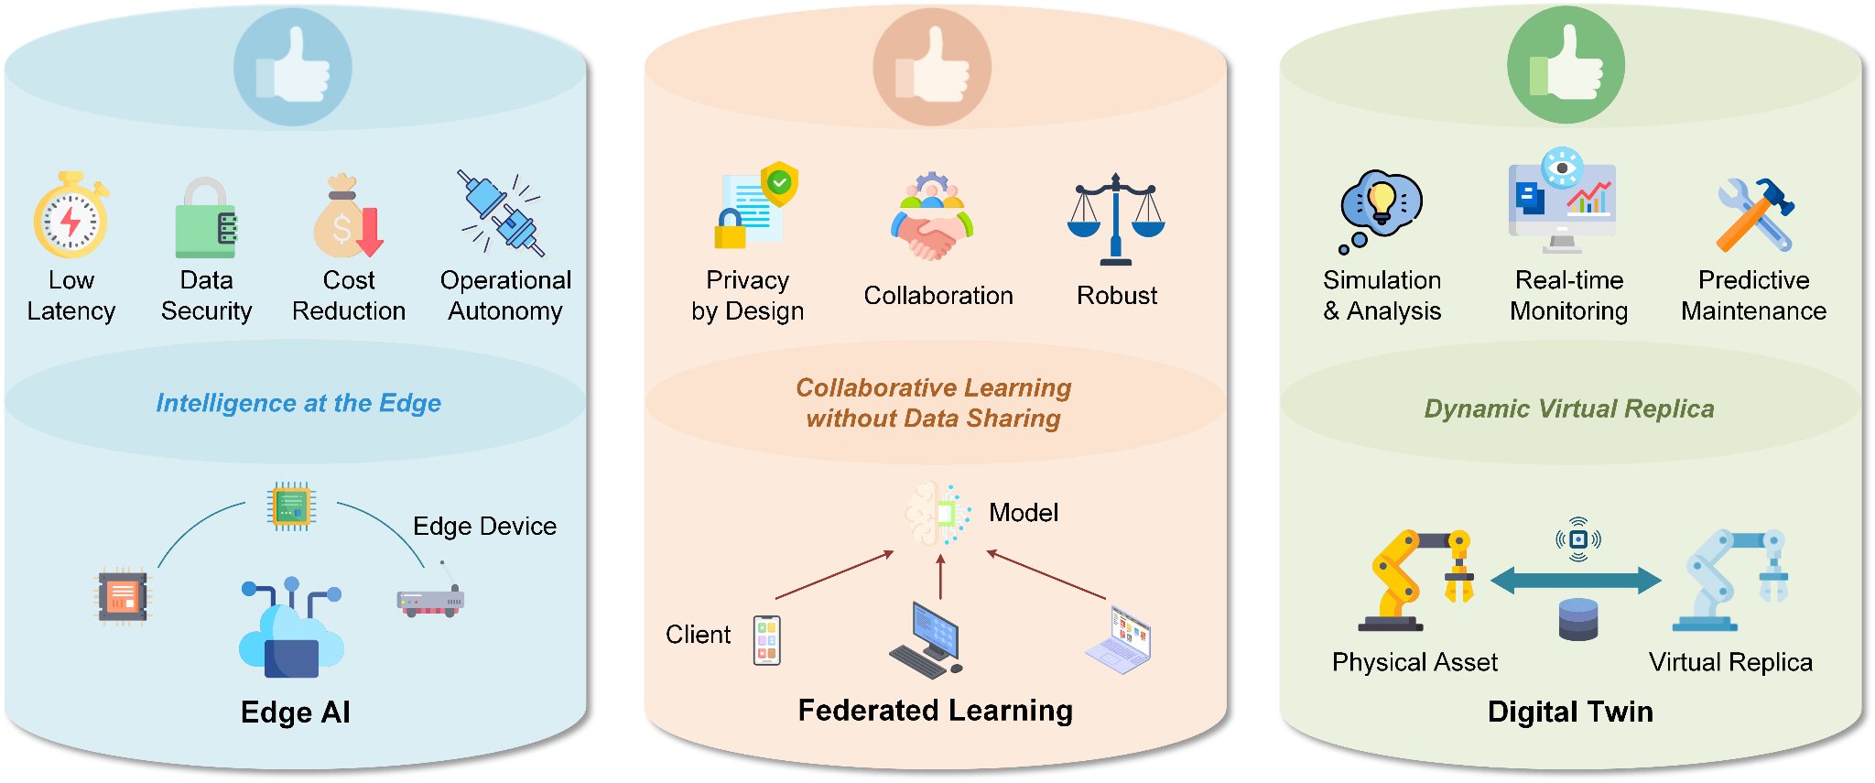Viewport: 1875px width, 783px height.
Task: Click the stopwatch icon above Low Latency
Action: pyautogui.click(x=70, y=216)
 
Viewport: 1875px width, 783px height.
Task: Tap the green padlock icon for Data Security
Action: pyautogui.click(x=206, y=220)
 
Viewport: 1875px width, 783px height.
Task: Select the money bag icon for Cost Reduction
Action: pyautogui.click(x=347, y=218)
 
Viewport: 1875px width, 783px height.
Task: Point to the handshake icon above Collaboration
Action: pyautogui.click(x=932, y=220)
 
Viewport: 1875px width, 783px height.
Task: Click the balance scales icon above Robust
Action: pyautogui.click(x=1116, y=220)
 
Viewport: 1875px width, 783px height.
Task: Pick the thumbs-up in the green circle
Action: pyautogui.click(x=1566, y=65)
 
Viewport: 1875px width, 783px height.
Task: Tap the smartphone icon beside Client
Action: pyautogui.click(x=766, y=640)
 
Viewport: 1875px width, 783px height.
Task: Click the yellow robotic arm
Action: pyautogui.click(x=1414, y=581)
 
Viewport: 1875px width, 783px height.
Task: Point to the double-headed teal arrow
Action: pyautogui.click(x=1576, y=580)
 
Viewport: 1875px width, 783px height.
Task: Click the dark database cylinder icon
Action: pyautogui.click(x=1577, y=619)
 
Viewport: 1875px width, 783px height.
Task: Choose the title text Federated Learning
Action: pyautogui.click(x=935, y=711)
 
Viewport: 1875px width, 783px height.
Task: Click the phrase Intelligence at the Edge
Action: pyautogui.click(x=298, y=403)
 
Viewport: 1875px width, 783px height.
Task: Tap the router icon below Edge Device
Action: pyautogui.click(x=430, y=600)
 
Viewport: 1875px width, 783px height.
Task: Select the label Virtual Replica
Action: pyautogui.click(x=1730, y=662)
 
